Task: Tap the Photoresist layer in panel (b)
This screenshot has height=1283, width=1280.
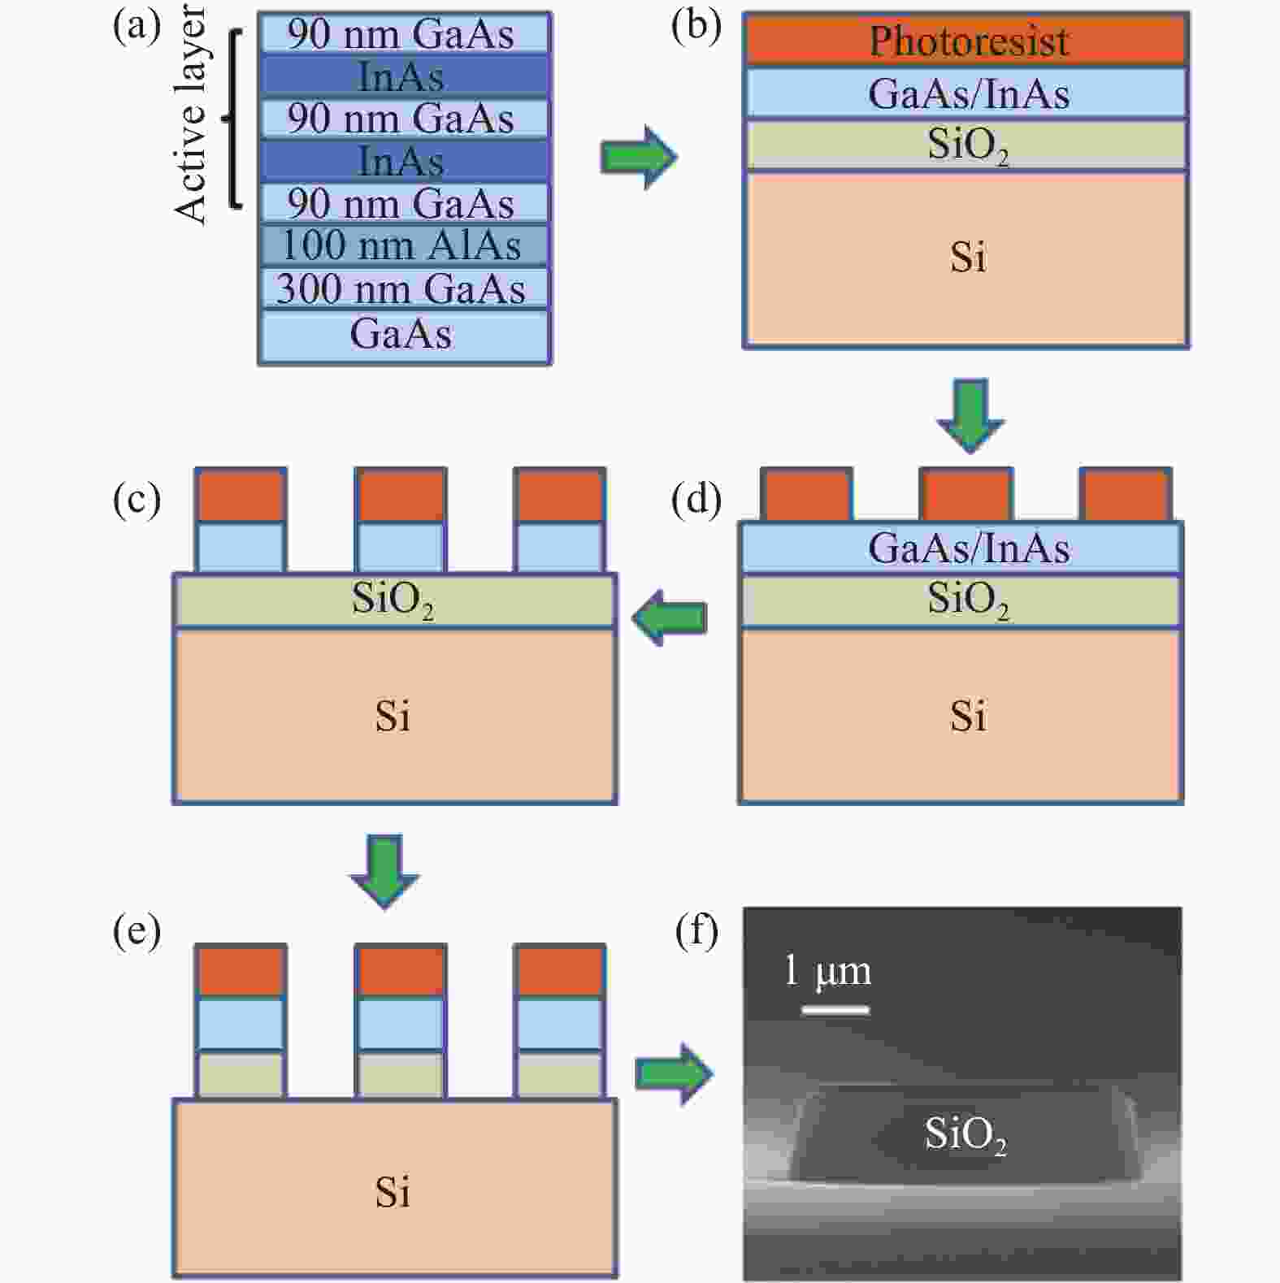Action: [x=966, y=41]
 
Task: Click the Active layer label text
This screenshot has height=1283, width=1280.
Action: [x=192, y=114]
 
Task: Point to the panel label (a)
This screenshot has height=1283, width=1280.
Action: [x=137, y=26]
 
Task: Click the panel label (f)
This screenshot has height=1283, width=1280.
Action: [x=696, y=931]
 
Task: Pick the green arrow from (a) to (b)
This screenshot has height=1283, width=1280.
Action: [x=638, y=157]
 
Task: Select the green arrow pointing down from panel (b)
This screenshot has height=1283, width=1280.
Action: [x=970, y=414]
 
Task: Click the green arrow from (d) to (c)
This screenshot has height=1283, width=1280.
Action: [x=669, y=618]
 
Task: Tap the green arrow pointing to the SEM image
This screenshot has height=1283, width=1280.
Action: [x=674, y=1074]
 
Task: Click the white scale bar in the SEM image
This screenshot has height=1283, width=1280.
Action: [x=835, y=1010]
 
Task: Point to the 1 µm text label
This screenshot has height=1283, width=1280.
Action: [x=827, y=972]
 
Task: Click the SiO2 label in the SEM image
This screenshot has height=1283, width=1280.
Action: [x=965, y=1134]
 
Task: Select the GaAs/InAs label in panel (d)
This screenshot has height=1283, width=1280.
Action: [x=968, y=548]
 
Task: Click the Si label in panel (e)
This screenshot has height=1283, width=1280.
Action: [x=393, y=1193]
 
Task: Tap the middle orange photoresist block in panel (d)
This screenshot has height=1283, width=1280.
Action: [x=965, y=494]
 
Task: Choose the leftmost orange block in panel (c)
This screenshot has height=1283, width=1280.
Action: [x=241, y=494]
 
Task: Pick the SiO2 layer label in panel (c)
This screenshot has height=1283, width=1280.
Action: [x=393, y=600]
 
